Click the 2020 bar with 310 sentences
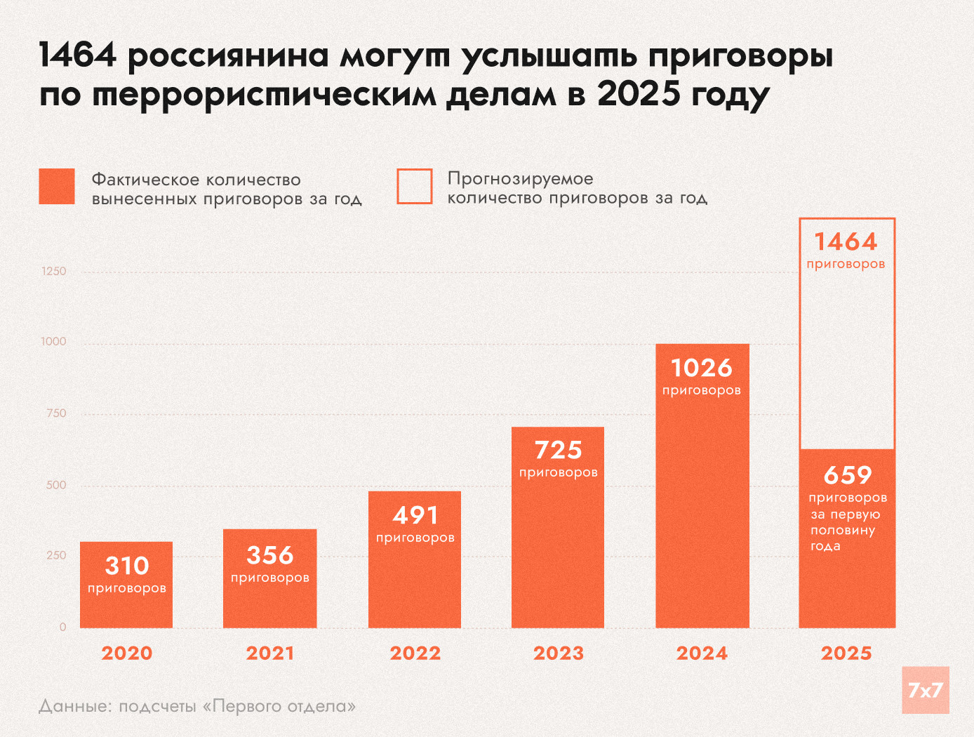[x=126, y=604]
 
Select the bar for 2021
[x=270, y=604]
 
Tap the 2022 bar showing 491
[x=415, y=583]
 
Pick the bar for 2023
[x=558, y=547]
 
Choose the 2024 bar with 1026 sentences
[x=702, y=505]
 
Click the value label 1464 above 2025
[x=846, y=242]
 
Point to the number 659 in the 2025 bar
[x=848, y=475]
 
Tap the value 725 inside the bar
[x=559, y=450]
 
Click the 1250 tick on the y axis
[x=54, y=272]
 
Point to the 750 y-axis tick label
[x=56, y=413]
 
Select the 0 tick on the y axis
[x=63, y=627]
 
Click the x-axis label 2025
[x=846, y=653]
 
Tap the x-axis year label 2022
[x=415, y=653]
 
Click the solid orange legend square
[x=57, y=187]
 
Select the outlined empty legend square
[x=415, y=187]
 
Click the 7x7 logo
[x=926, y=690]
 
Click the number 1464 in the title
[x=78, y=55]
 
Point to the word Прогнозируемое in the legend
[x=521, y=179]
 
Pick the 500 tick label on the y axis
[x=56, y=485]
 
